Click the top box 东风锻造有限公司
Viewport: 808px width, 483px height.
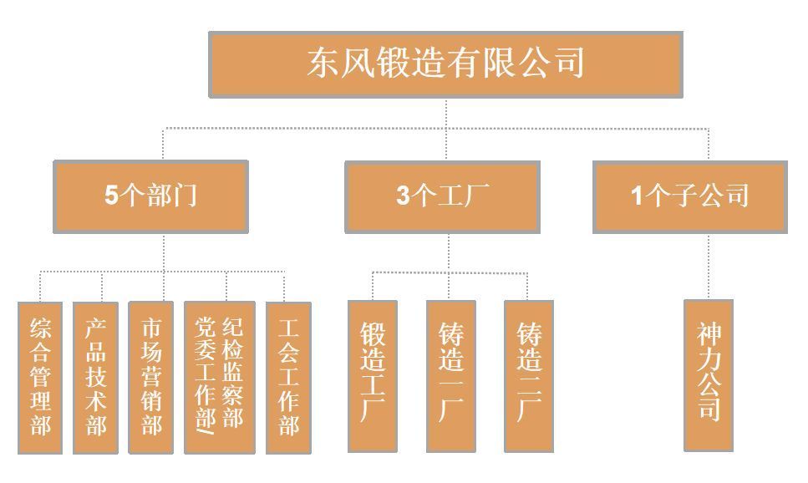pos(445,64)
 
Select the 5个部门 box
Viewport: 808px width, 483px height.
pos(151,196)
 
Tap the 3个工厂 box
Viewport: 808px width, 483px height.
pos(442,196)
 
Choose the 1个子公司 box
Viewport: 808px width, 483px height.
pos(690,196)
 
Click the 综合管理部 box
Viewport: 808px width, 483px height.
pos(40,377)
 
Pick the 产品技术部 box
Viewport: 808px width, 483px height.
pos(95,377)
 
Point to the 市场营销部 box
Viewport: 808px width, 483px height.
pos(151,377)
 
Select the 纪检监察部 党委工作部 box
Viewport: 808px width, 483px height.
pos(219,377)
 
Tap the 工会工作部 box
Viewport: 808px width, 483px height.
pos(288,377)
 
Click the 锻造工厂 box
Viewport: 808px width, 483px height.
pos(373,376)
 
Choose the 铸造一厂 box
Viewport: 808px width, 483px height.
pos(451,376)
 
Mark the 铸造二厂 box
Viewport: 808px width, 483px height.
pos(529,376)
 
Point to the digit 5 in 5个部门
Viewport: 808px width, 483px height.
pos(112,196)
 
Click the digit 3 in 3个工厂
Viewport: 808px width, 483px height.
pos(404,196)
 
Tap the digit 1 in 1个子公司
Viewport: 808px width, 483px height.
pos(637,196)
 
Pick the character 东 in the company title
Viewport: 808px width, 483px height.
pos(322,64)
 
